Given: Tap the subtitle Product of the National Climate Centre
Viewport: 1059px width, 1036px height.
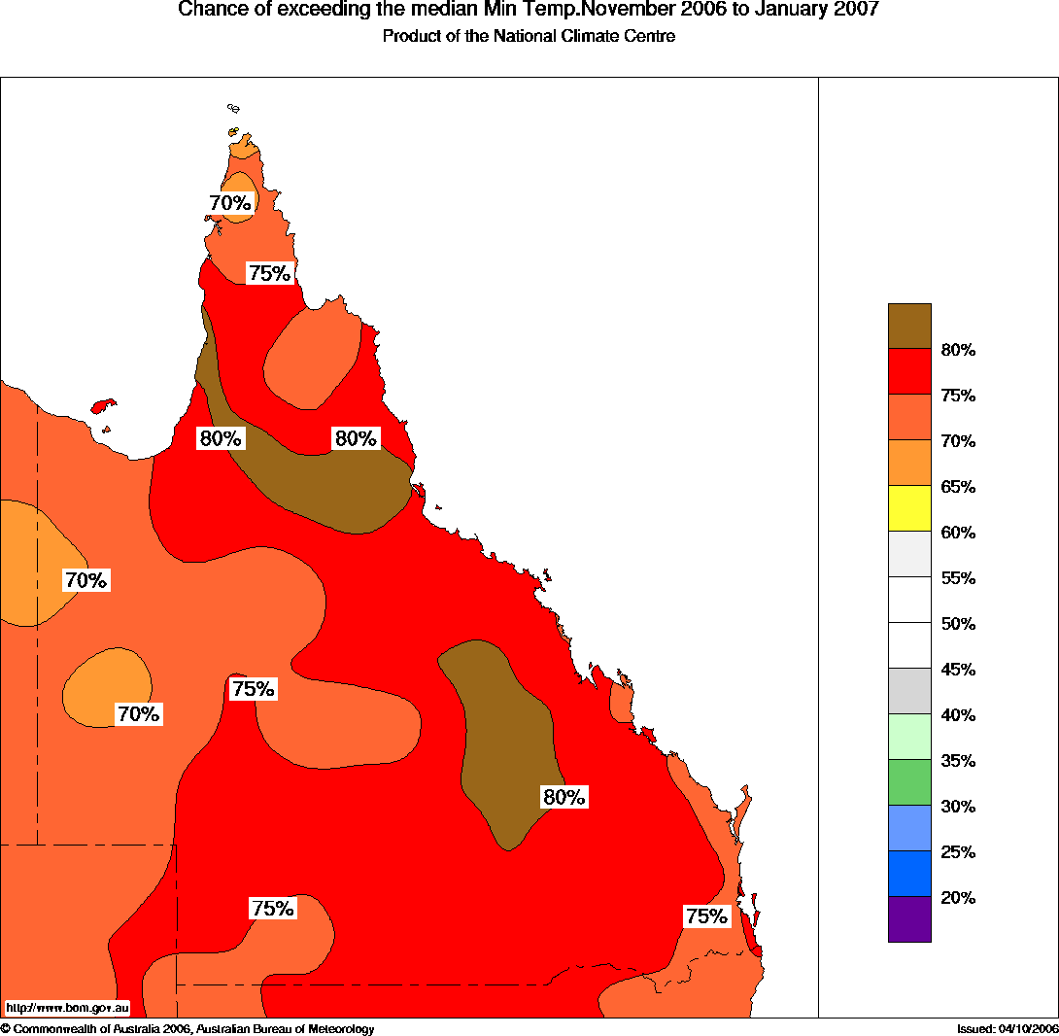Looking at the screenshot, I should click(529, 37).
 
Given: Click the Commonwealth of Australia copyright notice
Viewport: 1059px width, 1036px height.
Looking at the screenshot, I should click(187, 1029).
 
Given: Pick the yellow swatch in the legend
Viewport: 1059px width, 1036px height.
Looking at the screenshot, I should click(909, 508).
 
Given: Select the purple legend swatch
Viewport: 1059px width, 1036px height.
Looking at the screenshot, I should click(909, 919).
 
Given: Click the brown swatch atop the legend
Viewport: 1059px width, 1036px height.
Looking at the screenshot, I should click(909, 326).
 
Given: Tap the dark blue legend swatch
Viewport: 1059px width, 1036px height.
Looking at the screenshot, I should click(909, 874).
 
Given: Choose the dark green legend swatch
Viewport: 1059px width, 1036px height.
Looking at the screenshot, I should click(909, 782).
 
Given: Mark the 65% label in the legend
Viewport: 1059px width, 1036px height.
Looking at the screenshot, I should click(958, 487).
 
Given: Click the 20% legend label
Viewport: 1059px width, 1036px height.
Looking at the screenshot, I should click(958, 898).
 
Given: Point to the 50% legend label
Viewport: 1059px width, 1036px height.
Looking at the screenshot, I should click(958, 624).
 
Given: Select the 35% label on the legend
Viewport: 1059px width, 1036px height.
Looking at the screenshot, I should click(958, 761).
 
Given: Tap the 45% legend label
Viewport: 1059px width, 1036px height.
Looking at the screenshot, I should click(958, 670).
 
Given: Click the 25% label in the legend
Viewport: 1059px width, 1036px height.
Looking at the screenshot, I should click(958, 852).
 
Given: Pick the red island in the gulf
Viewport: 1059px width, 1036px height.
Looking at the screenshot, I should click(102, 405).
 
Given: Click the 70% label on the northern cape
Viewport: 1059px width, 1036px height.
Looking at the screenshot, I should click(230, 203).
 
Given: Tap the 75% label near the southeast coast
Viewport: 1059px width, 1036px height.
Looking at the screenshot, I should click(706, 916).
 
